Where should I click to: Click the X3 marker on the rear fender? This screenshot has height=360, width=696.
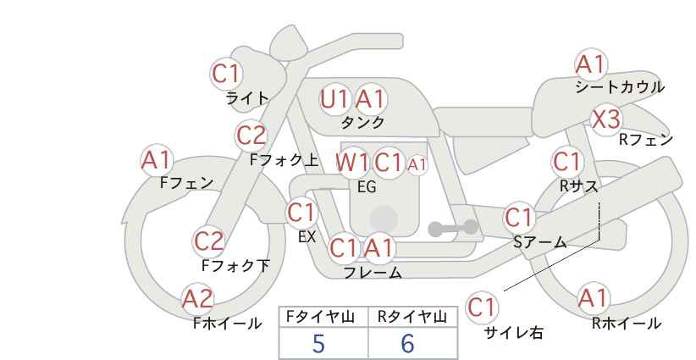606,119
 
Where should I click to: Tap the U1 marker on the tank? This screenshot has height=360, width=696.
334,99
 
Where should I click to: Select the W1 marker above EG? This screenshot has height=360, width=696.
351,163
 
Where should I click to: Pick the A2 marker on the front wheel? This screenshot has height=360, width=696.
198,299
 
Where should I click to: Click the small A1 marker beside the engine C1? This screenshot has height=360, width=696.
417,165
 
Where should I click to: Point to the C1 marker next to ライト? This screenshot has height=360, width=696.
226,74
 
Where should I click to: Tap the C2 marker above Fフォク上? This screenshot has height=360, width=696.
251,136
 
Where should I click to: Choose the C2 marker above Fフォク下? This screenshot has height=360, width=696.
208,242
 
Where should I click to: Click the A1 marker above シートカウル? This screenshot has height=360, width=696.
590,64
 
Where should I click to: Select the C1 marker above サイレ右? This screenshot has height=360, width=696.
482,307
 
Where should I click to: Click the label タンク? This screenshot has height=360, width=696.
362,123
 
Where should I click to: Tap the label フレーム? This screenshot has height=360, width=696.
373,273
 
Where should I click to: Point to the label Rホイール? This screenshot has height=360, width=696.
627,324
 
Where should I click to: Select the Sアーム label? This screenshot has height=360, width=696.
540,242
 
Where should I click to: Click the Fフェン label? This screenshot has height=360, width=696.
186,183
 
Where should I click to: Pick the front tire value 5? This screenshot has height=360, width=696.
318,343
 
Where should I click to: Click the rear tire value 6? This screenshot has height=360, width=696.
407,343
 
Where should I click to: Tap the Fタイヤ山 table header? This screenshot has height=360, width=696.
320,317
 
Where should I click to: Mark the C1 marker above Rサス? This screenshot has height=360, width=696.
567,162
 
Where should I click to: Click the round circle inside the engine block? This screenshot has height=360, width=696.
384,219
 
